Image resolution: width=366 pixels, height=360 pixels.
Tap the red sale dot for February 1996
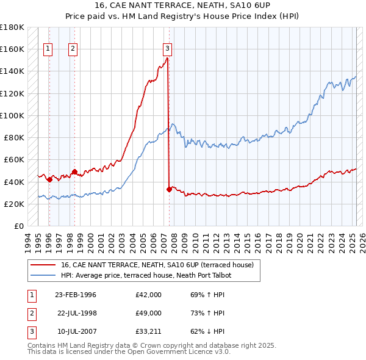click(x=49, y=179)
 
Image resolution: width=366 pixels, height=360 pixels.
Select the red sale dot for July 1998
click(x=74, y=171)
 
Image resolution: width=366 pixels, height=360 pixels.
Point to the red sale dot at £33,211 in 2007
click(x=169, y=189)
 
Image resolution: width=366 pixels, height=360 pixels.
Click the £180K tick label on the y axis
click(x=12, y=27)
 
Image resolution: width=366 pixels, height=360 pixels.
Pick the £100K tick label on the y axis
click(x=12, y=115)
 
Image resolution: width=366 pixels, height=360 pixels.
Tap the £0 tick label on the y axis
click(x=18, y=226)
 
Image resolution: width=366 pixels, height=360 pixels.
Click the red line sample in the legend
click(x=42, y=265)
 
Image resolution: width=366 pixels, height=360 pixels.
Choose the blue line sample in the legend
click(x=42, y=275)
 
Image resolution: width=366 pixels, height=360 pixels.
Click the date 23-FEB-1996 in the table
click(x=76, y=295)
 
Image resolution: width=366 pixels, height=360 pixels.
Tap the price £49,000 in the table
click(x=148, y=313)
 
